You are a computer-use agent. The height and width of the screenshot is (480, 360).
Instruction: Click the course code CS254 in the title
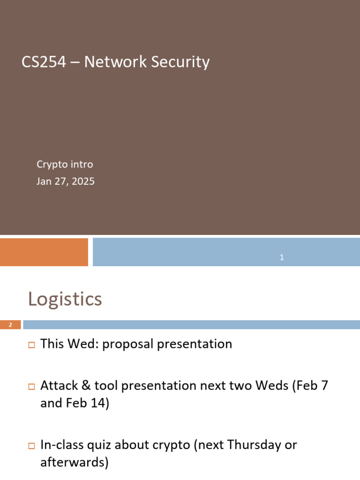click(44, 62)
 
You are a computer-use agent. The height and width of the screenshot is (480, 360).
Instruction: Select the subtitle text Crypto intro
click(65, 165)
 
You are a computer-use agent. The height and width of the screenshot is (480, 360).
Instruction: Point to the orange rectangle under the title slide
click(44, 252)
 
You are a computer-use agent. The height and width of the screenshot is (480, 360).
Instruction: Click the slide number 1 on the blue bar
click(282, 257)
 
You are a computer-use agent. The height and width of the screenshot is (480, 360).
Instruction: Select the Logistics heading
click(65, 299)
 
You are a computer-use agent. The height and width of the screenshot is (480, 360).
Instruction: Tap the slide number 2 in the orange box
click(10, 325)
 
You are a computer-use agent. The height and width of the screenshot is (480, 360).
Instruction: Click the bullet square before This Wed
click(31, 345)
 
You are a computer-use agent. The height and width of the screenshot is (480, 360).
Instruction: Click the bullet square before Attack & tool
click(31, 387)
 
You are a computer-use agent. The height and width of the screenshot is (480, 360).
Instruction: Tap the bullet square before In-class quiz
click(31, 445)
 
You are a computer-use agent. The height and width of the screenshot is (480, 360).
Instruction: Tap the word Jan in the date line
click(45, 181)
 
